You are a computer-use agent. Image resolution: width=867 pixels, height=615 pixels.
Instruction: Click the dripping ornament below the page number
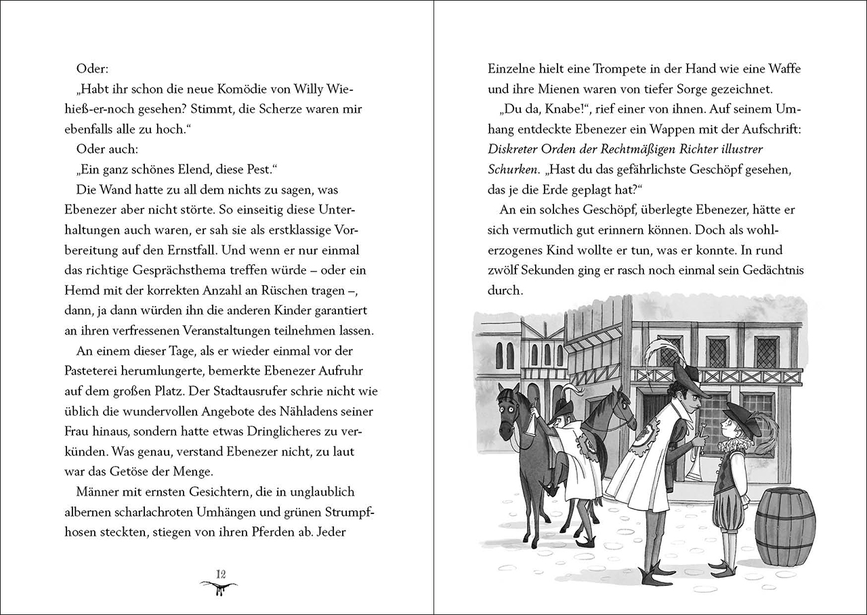[x=219, y=587]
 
